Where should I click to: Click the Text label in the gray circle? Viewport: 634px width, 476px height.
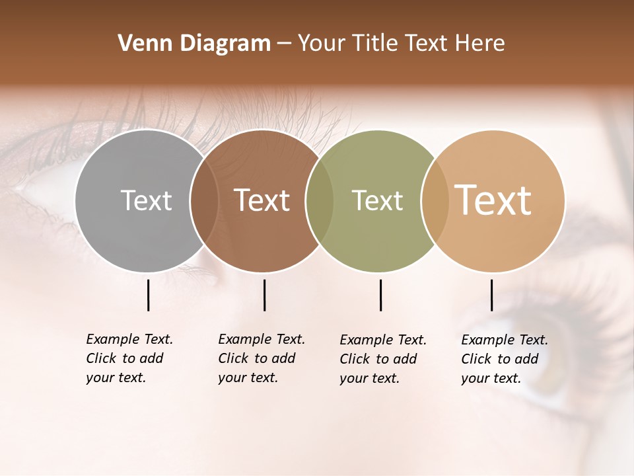[x=146, y=200]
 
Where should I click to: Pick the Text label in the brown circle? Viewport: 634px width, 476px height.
[x=262, y=200]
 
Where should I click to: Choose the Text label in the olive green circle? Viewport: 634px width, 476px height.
[x=377, y=200]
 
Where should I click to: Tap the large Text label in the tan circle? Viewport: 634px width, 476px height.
[x=493, y=200]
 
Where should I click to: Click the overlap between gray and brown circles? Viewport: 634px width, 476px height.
[x=204, y=201]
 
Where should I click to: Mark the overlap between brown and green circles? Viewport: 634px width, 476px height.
[x=320, y=201]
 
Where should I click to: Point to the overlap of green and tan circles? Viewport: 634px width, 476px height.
[x=435, y=201]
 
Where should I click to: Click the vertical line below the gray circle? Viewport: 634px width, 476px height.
[x=148, y=295]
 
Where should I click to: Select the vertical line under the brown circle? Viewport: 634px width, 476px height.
[x=264, y=295]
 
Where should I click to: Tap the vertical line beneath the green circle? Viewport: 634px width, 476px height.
[x=380, y=295]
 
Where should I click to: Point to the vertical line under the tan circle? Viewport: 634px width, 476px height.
[x=491, y=295]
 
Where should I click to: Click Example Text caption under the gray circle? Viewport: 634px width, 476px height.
[x=129, y=358]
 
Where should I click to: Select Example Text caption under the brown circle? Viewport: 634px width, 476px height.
[x=262, y=358]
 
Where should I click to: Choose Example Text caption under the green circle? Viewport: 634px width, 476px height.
[x=383, y=359]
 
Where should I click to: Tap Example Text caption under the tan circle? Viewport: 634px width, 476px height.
[x=505, y=359]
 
